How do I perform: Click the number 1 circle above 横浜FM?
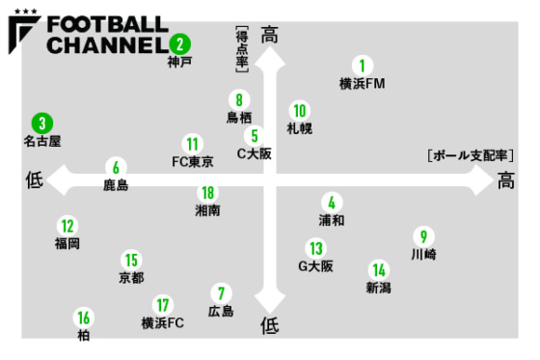coord(362,67)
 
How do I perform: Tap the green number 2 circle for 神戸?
coord(179,43)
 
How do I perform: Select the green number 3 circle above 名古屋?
coord(41,124)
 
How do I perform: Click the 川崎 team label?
coord(422,255)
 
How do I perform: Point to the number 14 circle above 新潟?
coord(379,270)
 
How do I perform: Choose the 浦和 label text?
coord(331,220)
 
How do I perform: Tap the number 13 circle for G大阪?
coord(315,248)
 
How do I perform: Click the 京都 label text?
coord(131,278)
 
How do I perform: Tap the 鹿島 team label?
coord(116,184)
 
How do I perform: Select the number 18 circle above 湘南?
coord(206,192)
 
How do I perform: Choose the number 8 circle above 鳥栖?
coord(238,98)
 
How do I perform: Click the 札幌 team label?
coord(299,127)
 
